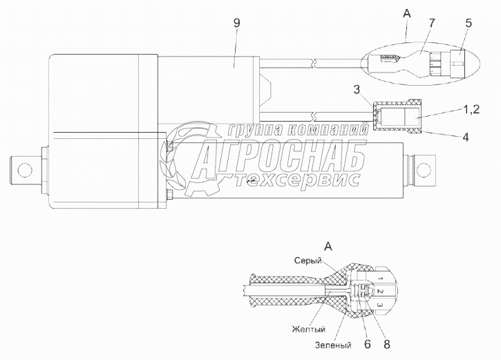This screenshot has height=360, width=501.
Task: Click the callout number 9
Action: tap(236, 23)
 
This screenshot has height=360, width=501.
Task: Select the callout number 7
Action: tap(432, 23)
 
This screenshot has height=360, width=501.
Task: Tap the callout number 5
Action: tap(469, 23)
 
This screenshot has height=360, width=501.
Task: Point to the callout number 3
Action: tap(357, 89)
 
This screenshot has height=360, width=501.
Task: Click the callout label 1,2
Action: tap(471, 110)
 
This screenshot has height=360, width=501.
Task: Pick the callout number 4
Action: tap(466, 138)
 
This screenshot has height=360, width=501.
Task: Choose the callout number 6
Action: tap(367, 344)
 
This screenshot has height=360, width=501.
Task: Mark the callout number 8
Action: tap(386, 344)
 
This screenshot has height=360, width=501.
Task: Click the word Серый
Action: tap(308, 261)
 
